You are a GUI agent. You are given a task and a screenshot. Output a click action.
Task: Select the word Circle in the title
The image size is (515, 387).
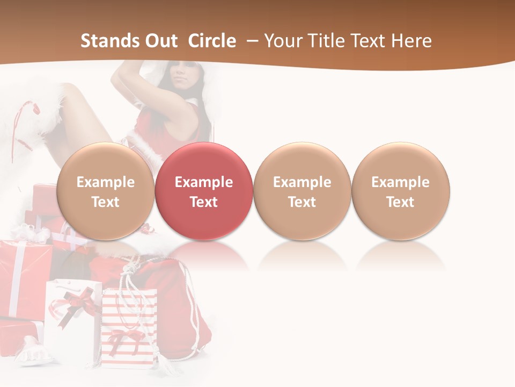(212, 41)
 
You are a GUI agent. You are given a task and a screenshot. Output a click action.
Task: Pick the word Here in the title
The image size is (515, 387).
(411, 41)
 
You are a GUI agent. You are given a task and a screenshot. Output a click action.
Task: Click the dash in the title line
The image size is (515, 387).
(252, 41)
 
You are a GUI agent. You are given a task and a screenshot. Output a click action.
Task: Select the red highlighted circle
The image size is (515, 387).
(204, 191)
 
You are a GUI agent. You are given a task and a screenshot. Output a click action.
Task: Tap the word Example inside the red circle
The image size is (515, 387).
(204, 182)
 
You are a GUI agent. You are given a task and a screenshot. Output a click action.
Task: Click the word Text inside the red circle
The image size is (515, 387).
(204, 202)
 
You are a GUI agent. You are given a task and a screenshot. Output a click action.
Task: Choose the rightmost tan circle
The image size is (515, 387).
(401, 191)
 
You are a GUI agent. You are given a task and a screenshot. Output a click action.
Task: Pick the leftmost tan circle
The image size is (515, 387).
(106, 191)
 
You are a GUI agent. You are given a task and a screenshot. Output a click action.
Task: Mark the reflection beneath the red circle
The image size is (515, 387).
(204, 255)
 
